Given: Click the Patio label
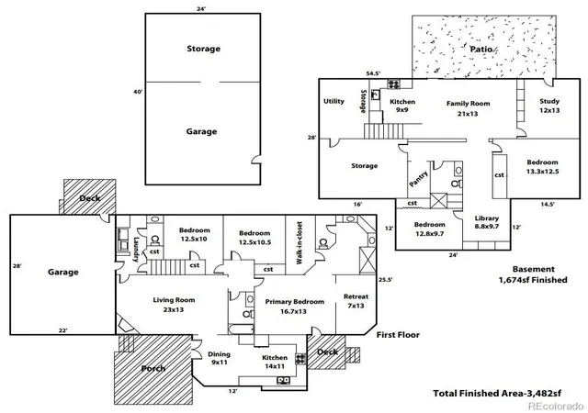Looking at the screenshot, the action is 481,49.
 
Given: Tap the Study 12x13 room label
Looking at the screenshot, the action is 549,106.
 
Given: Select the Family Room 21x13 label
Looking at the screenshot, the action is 468,108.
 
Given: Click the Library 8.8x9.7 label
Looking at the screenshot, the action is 487,222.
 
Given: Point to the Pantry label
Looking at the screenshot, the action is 419,179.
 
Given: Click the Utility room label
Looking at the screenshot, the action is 334,101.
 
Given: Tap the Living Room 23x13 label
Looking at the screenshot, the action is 174,305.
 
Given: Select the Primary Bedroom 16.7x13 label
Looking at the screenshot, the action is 294,307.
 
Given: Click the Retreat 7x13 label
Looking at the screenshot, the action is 356,301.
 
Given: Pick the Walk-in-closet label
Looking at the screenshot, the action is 300,243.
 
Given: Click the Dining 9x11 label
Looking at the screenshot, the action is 219,358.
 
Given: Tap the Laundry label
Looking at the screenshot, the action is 136,250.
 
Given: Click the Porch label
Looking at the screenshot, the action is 153,368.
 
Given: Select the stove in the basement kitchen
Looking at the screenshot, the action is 394,84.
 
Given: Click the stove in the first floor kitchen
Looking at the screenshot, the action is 300,359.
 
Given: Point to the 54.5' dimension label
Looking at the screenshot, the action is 374,73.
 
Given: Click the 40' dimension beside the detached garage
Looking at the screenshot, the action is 138,92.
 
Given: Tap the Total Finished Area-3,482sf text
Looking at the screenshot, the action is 497,394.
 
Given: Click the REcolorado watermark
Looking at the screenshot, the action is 556,406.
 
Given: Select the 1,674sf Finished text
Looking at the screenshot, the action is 533,280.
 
